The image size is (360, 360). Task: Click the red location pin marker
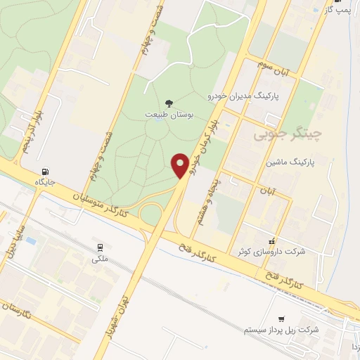[x=181, y=165]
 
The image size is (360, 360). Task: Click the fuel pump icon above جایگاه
[x=46, y=170]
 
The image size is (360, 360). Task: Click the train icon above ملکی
[x=101, y=247]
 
